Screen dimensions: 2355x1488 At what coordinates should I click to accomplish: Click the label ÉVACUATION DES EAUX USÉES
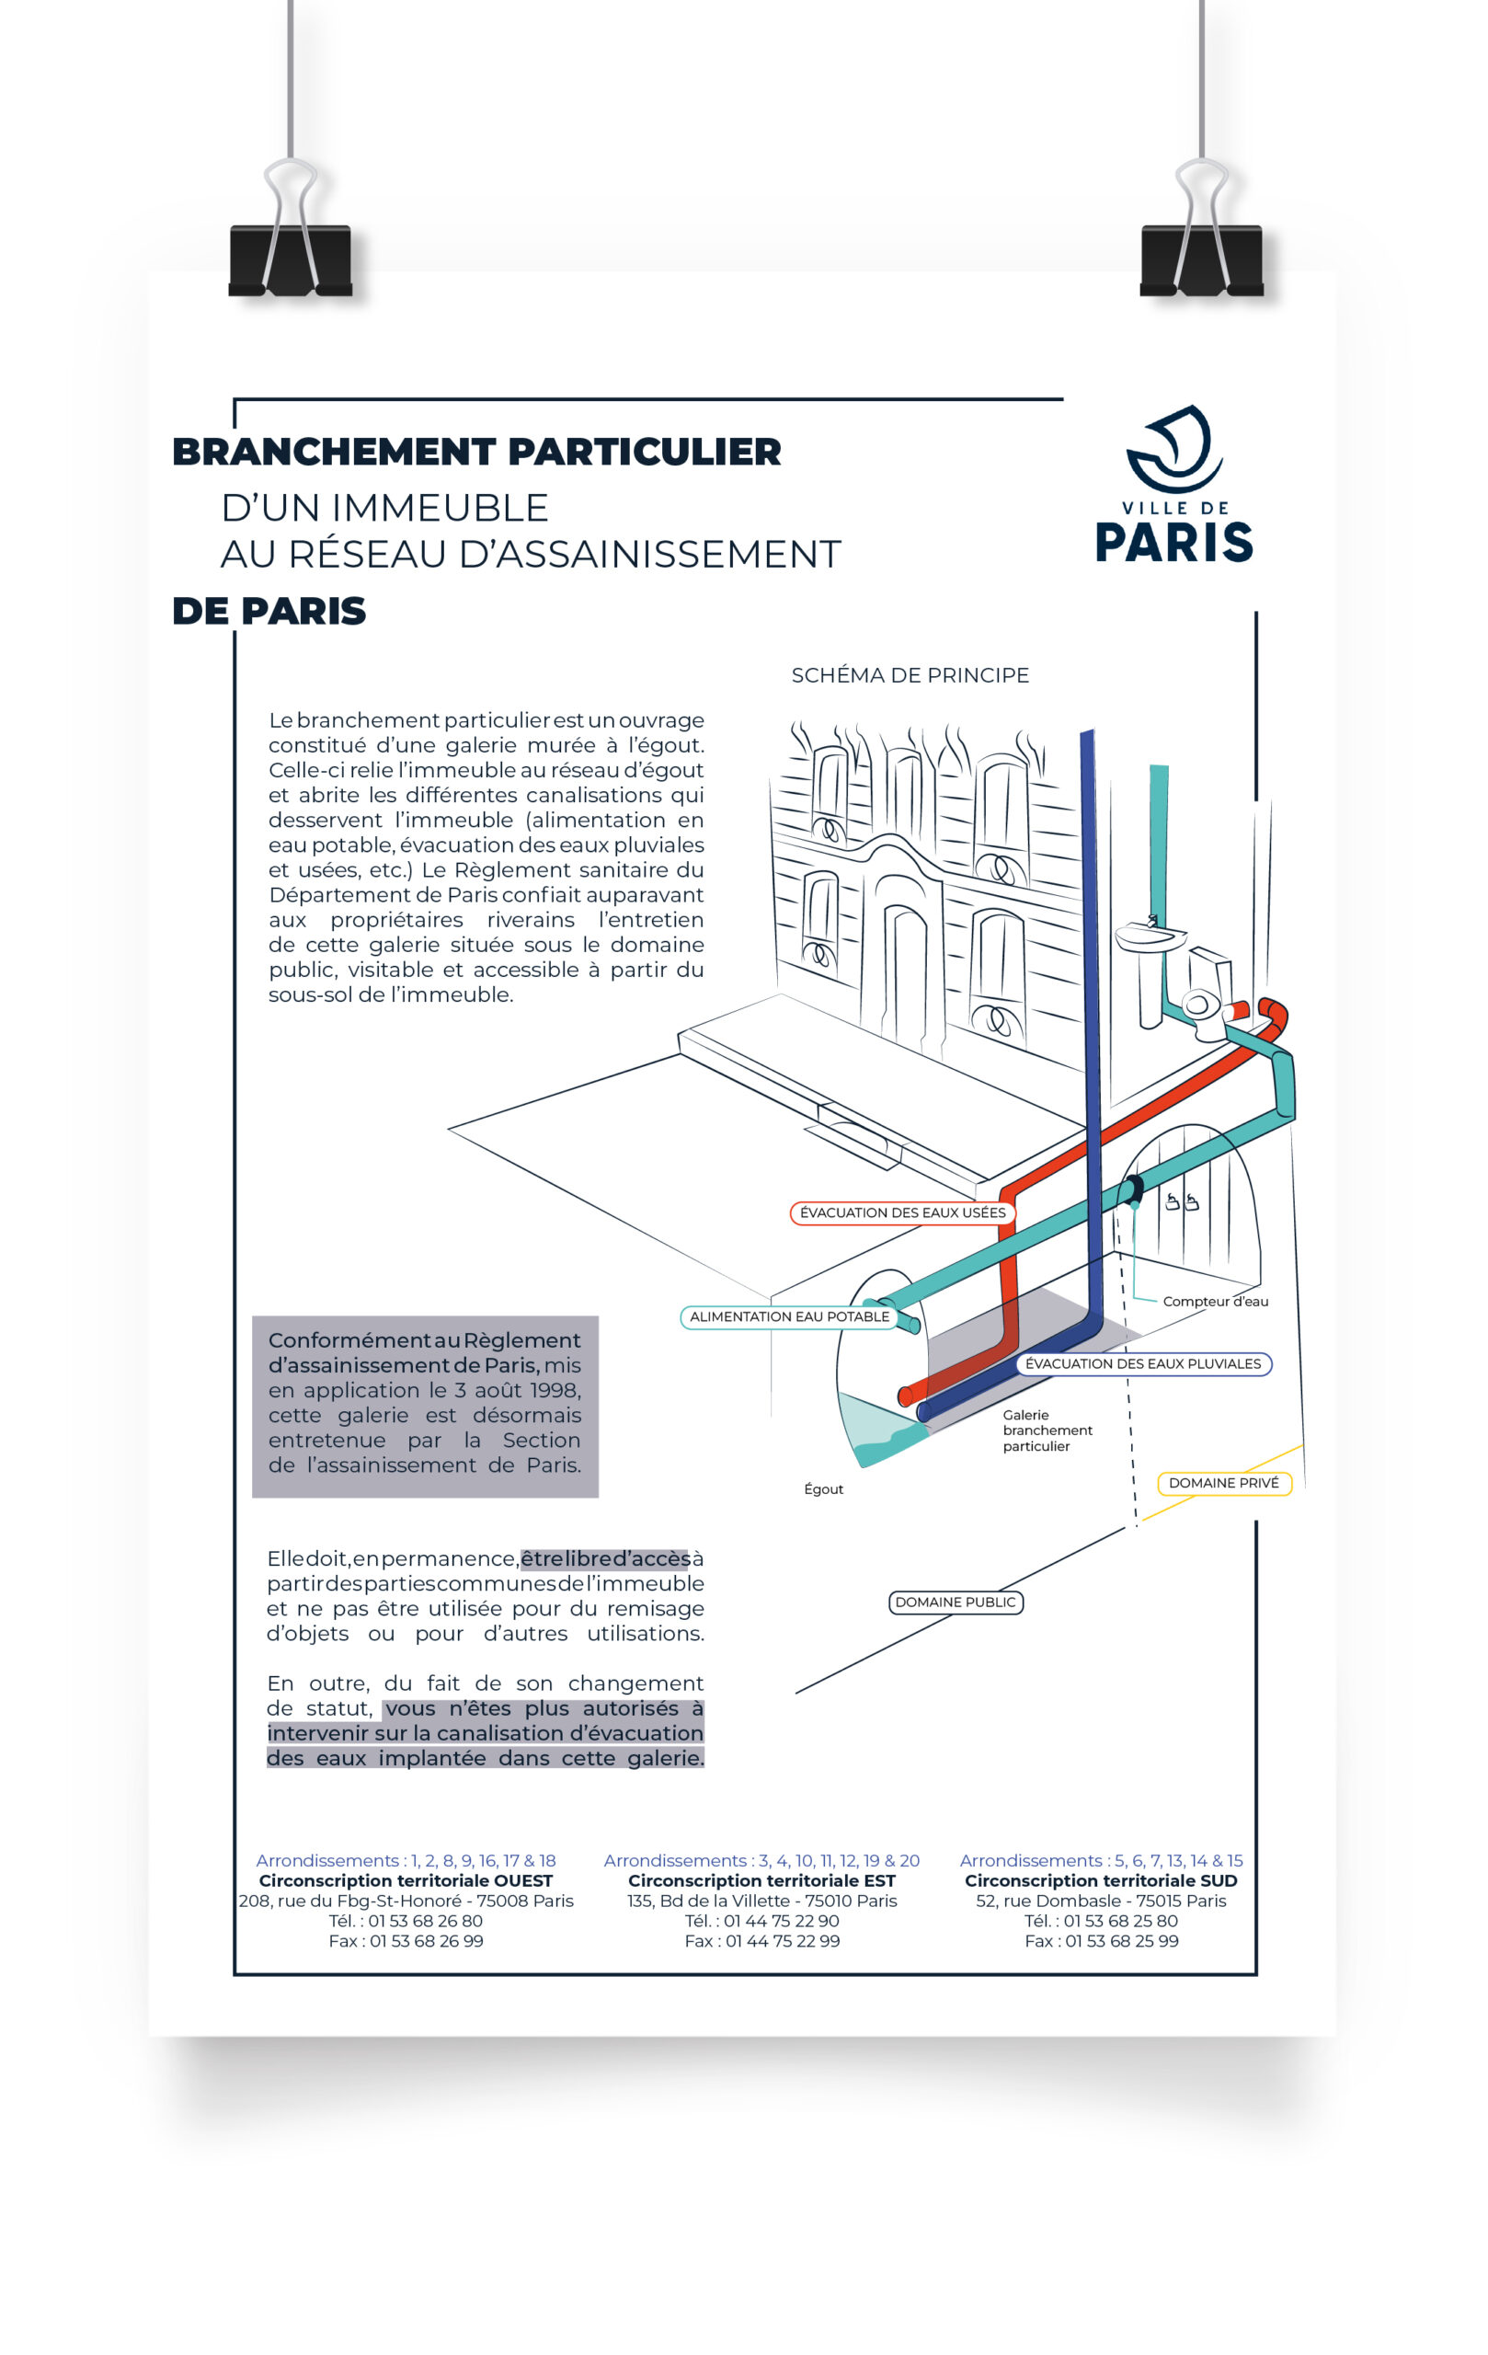tap(902, 1212)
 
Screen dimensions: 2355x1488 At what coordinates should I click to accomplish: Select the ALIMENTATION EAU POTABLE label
tap(789, 1316)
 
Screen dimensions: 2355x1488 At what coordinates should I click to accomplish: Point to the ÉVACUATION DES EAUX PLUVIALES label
tap(1143, 1363)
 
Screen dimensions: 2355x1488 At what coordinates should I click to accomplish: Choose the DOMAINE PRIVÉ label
tap(1223, 1483)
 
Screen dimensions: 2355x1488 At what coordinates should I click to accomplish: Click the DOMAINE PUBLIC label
tap(956, 1602)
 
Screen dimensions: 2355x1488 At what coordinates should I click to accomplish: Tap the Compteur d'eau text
tap(1215, 1302)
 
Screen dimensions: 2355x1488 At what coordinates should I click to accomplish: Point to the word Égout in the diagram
tap(823, 1489)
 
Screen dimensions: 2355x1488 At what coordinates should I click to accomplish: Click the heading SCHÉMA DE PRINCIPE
tap(910, 675)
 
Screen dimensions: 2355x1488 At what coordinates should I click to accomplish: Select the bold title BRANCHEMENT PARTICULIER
tap(476, 452)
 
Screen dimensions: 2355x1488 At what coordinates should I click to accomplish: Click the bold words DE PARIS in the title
tap(269, 611)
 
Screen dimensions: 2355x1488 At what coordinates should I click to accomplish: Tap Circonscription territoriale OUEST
tap(406, 1880)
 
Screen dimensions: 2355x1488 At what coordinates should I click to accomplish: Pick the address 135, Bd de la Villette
tap(761, 1901)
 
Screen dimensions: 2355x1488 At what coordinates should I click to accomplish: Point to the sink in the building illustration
tap(1150, 936)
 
